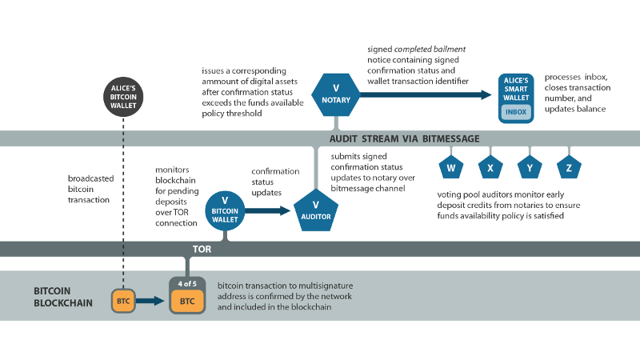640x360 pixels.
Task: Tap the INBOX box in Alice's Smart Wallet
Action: (x=516, y=112)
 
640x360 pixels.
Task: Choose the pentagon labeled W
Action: (x=451, y=167)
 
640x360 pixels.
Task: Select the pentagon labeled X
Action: (x=490, y=167)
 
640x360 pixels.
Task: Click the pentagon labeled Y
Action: (x=530, y=167)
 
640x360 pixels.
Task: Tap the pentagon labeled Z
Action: (x=569, y=167)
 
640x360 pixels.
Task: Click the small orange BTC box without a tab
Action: (x=122, y=302)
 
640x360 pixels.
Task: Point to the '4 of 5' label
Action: (x=186, y=282)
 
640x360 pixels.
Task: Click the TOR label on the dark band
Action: (x=202, y=249)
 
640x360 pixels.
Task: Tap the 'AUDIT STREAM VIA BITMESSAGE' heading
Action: (x=405, y=138)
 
